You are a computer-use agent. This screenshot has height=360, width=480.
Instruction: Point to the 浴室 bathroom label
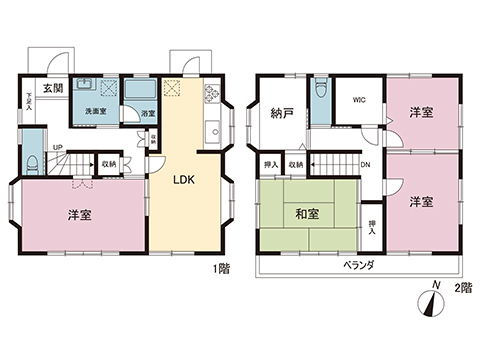tap(147, 112)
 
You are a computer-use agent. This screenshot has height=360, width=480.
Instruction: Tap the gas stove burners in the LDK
tap(211, 94)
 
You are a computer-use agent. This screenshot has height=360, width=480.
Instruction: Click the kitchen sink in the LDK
tap(212, 130)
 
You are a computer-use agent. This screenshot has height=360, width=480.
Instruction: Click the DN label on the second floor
tap(364, 165)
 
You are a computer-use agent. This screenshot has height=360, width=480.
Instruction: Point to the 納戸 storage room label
tap(282, 113)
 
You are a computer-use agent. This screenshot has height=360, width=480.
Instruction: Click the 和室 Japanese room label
tap(308, 213)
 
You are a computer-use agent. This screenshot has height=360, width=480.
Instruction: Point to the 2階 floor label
tap(463, 289)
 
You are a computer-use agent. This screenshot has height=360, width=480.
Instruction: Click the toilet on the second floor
tap(318, 92)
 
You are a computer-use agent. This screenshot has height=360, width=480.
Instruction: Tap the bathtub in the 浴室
tap(134, 93)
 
